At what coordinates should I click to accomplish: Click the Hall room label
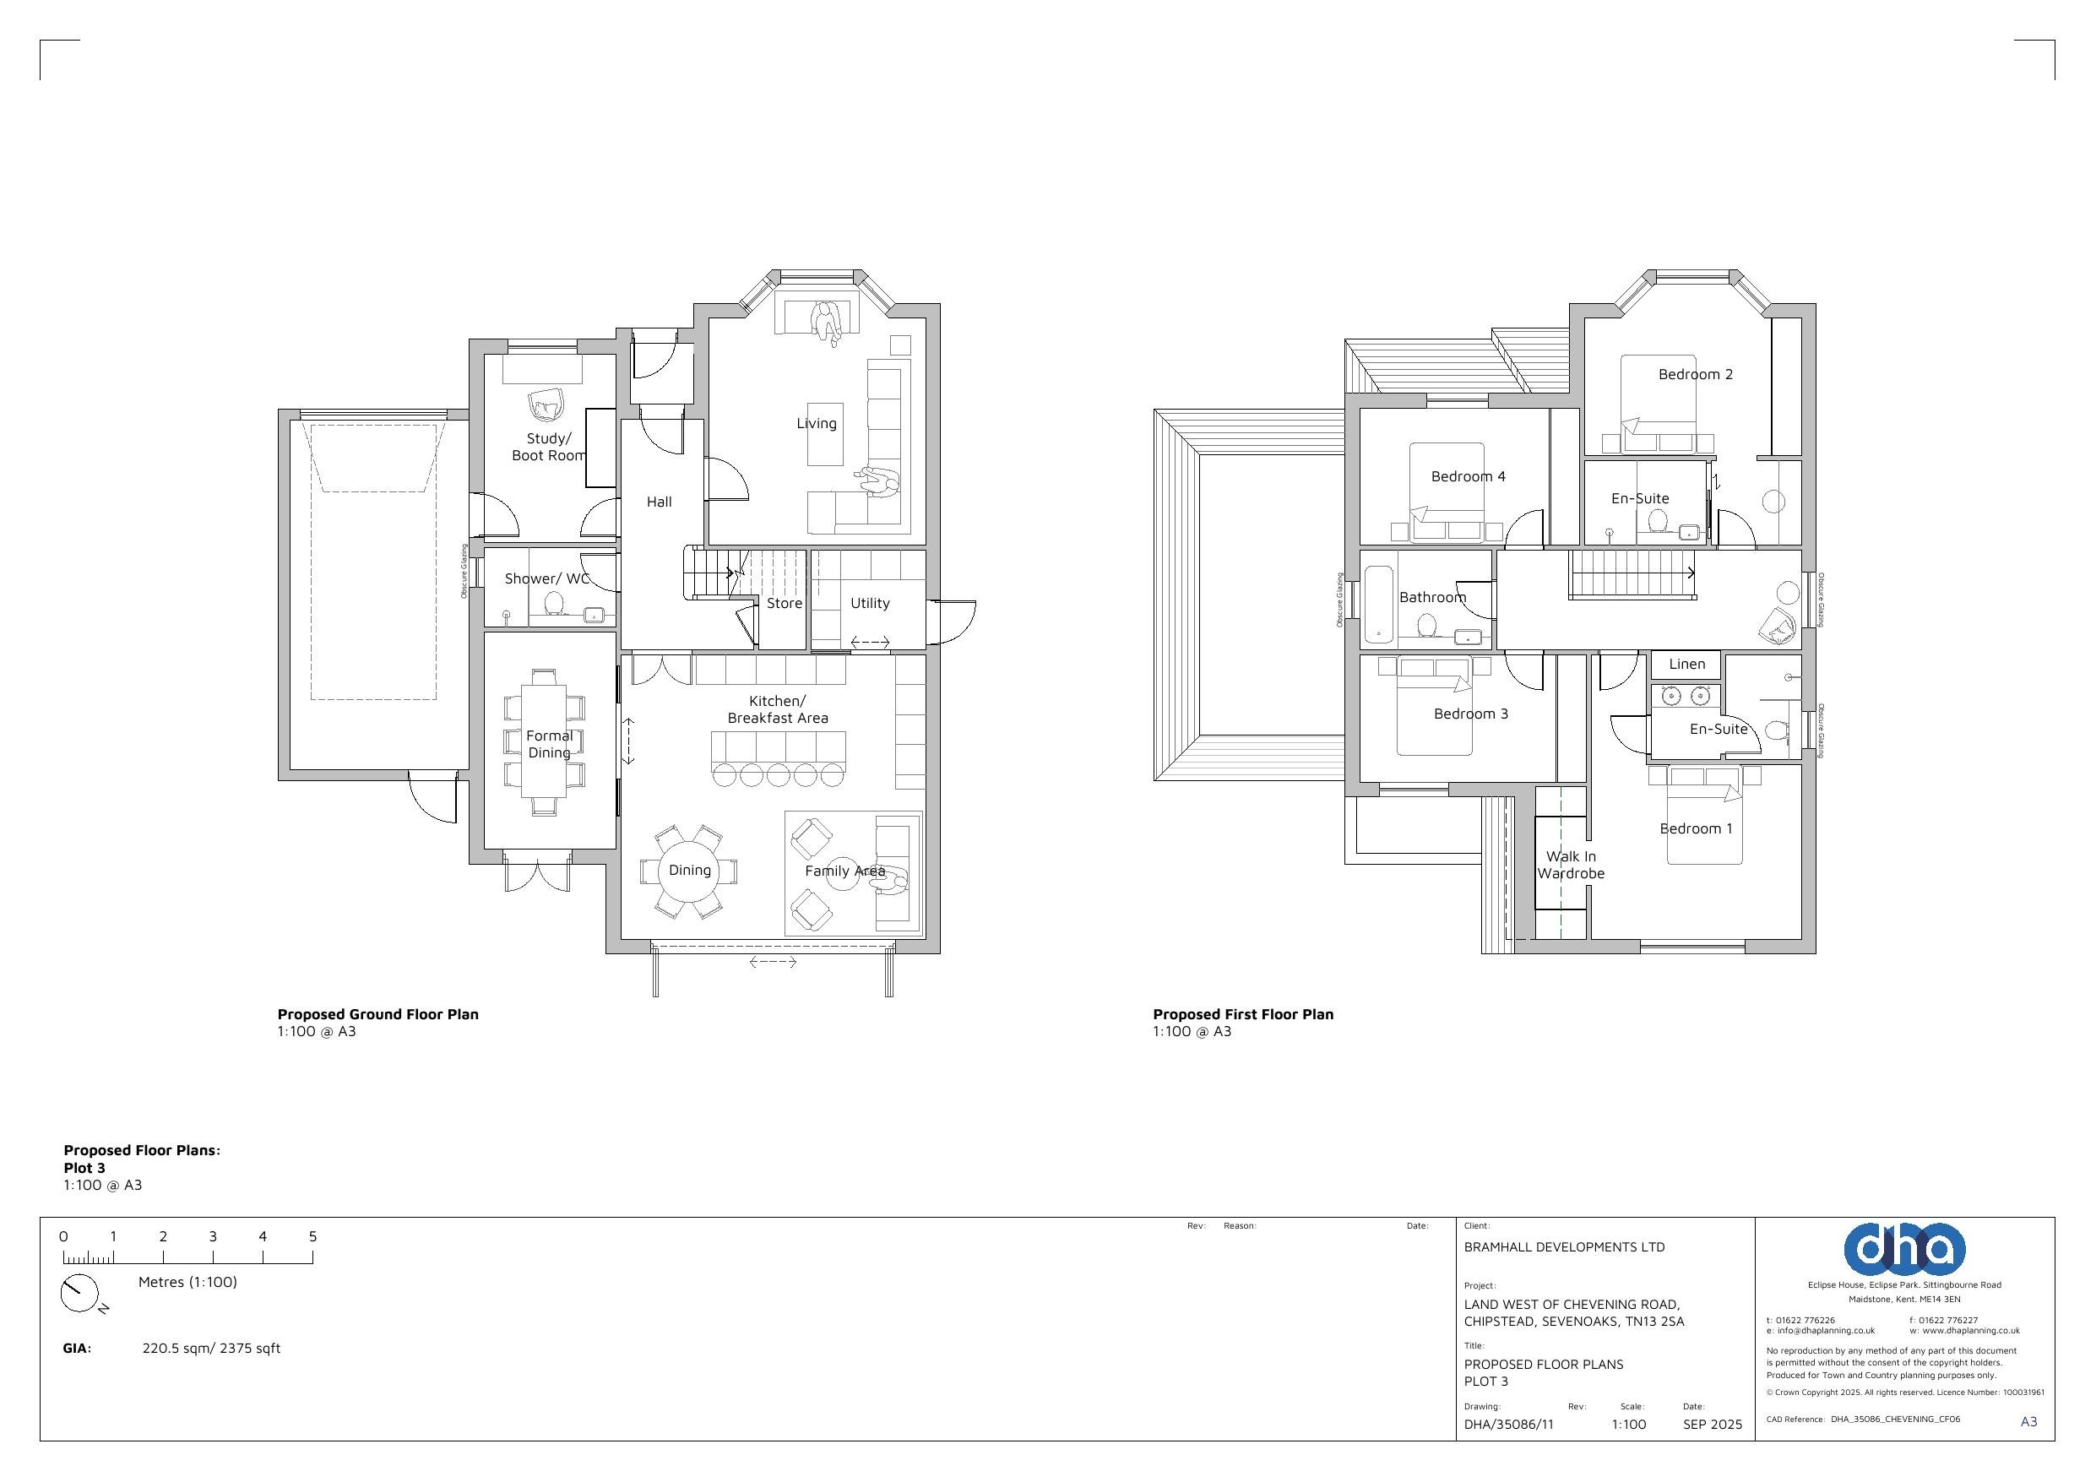tap(659, 502)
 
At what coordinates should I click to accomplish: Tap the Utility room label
tap(870, 603)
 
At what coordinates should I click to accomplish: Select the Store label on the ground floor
tap(785, 603)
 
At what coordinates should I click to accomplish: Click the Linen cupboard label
tap(1687, 664)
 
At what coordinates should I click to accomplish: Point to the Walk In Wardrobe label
tap(1571, 865)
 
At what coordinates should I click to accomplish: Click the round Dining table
tap(690, 871)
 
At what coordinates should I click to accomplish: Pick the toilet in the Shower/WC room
tap(553, 604)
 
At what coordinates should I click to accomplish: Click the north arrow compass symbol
tap(79, 1293)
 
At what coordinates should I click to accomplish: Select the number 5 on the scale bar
tap(312, 1236)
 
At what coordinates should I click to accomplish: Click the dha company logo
tap(1904, 1248)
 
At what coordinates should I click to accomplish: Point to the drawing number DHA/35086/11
tap(1508, 1425)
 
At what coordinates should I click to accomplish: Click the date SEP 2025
tap(1713, 1425)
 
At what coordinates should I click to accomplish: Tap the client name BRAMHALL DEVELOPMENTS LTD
tap(1565, 1247)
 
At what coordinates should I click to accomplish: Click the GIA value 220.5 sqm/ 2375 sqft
tap(211, 1349)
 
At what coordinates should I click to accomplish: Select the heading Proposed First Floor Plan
tap(1243, 1014)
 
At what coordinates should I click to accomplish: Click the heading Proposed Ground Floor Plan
tap(378, 1014)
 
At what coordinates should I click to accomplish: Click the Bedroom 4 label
tap(1468, 476)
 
